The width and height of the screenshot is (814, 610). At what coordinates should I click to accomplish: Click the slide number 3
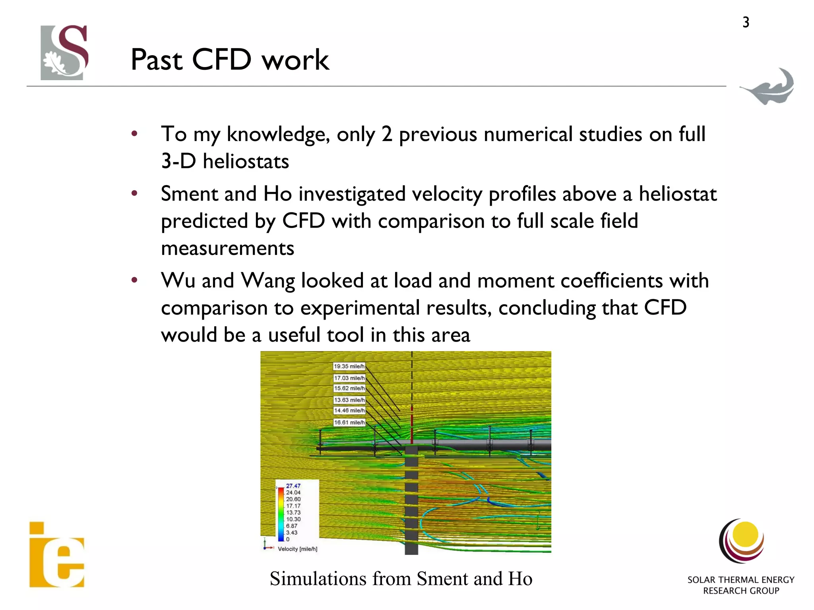click(x=746, y=22)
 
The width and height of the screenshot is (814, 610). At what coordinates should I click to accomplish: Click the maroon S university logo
click(x=65, y=52)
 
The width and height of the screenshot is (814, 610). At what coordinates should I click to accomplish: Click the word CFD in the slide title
click(x=222, y=60)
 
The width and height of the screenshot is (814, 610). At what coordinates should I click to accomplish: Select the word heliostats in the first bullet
click(x=246, y=162)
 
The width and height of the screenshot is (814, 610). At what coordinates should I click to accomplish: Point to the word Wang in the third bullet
click(x=268, y=281)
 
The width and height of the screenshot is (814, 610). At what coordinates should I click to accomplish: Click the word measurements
click(x=227, y=249)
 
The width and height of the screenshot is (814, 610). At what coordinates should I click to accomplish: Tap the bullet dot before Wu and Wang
click(x=134, y=280)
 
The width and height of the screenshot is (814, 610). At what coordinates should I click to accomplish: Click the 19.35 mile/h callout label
click(x=349, y=367)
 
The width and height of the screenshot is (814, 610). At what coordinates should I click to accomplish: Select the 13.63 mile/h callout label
click(x=349, y=400)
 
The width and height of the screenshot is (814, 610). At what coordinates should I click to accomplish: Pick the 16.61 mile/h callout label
click(x=349, y=423)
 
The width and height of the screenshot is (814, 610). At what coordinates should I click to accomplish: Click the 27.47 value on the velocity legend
click(x=293, y=486)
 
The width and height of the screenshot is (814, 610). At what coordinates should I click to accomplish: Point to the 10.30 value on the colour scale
click(x=293, y=519)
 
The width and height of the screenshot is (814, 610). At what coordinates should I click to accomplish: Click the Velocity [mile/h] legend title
click(x=297, y=549)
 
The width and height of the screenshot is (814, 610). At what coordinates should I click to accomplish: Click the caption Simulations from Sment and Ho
click(x=401, y=579)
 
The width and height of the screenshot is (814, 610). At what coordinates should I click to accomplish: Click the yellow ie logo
click(x=57, y=555)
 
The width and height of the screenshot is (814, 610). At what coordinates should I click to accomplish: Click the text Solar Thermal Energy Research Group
click(x=740, y=585)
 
